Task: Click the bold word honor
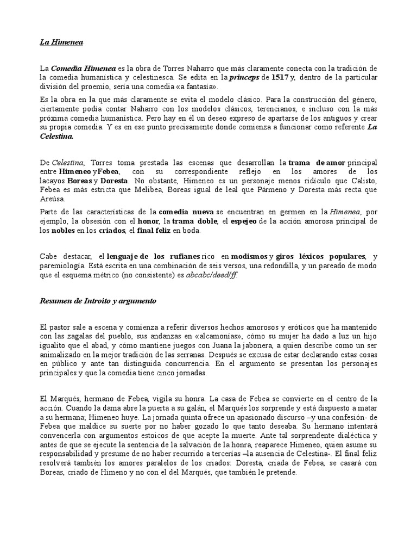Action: click(153, 221)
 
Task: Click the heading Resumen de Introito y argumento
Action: click(98, 301)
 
